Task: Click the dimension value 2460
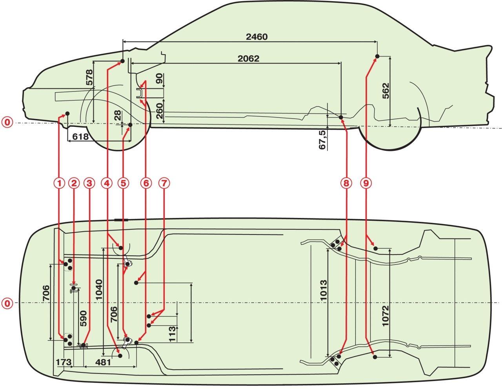pos(256,37)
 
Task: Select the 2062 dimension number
pos(249,59)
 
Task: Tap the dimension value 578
pos(89,78)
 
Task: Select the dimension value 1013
pos(322,290)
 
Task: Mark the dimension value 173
pos(63,362)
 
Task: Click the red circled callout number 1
pos(59,183)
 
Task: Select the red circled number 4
pos(107,183)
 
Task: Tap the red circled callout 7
pos(164,183)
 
